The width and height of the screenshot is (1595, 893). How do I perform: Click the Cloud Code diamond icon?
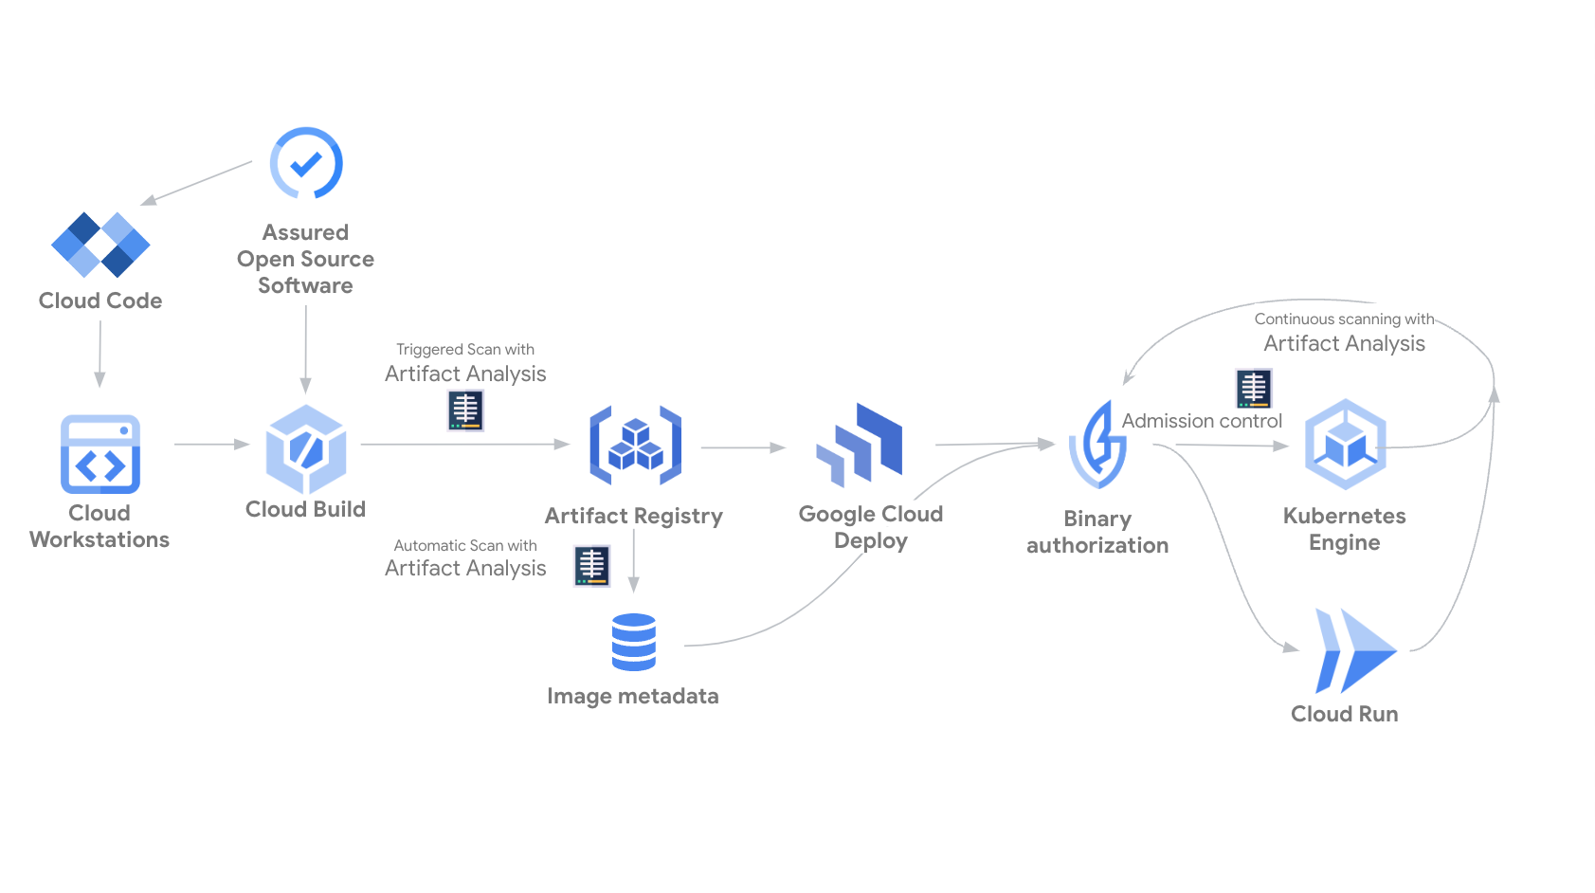click(x=100, y=245)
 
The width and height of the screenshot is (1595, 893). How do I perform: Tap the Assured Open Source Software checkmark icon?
click(x=306, y=163)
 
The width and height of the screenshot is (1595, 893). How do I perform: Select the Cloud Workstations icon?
click(x=100, y=454)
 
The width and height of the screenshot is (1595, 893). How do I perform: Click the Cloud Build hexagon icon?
click(x=306, y=448)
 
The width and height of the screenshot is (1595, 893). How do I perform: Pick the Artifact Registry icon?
click(x=635, y=446)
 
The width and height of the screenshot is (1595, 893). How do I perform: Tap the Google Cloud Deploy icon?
click(x=860, y=443)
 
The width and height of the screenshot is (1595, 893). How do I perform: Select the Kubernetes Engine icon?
click(x=1345, y=444)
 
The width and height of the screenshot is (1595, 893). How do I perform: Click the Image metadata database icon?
click(x=634, y=642)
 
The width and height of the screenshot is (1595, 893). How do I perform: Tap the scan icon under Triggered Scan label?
click(x=465, y=410)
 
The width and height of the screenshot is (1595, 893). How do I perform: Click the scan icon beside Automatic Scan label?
click(x=592, y=566)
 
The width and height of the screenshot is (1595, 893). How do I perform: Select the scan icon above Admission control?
click(x=1254, y=389)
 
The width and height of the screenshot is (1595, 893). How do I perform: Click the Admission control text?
click(x=1202, y=421)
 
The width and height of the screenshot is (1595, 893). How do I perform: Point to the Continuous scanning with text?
click(x=1344, y=319)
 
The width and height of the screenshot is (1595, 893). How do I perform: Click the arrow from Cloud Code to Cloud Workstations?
click(x=100, y=354)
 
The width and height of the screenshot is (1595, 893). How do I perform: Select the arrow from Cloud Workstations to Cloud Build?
click(x=211, y=444)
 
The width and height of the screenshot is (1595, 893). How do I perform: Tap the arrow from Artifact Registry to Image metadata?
click(x=634, y=561)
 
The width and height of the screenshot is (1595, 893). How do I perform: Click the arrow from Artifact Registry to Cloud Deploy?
click(x=743, y=447)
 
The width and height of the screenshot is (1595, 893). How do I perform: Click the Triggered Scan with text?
click(x=465, y=350)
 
